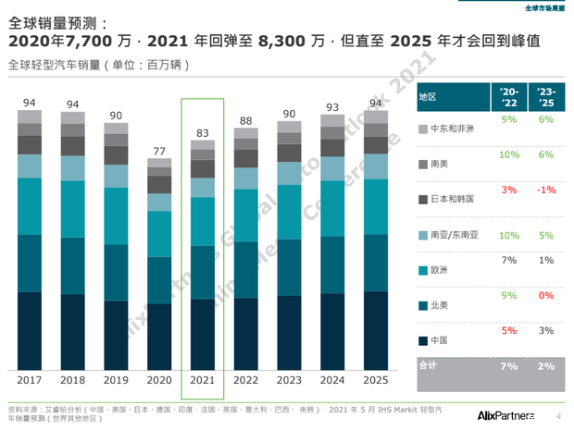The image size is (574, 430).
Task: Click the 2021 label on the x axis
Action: (x=203, y=380)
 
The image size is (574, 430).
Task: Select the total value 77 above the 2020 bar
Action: (x=159, y=151)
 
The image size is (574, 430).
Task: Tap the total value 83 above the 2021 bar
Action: (x=203, y=134)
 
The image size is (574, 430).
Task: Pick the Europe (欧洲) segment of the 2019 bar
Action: (x=116, y=216)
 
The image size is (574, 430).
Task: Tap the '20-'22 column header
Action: (x=507, y=96)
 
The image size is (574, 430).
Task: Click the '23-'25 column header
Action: (x=545, y=96)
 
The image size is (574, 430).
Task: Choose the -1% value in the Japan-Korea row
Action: (x=546, y=190)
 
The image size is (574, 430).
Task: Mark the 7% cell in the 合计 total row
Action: (x=507, y=366)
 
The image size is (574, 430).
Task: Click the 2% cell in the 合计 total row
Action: (x=546, y=366)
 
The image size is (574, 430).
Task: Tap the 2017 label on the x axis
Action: (x=31, y=380)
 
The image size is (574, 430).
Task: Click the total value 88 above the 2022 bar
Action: (x=245, y=121)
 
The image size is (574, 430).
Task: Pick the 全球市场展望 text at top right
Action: (x=543, y=7)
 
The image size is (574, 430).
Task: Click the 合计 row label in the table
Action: (x=428, y=366)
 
